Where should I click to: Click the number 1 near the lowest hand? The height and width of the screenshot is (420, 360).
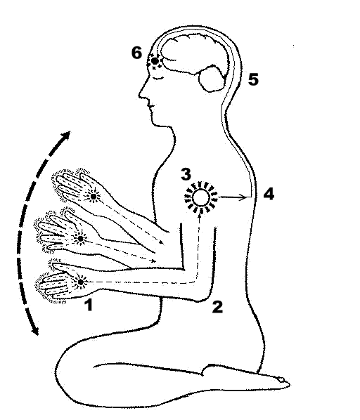click(89, 305)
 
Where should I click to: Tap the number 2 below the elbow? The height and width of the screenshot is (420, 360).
click(217, 307)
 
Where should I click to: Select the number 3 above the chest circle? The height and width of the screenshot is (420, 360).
click(186, 174)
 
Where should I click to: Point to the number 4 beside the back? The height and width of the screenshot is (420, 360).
click(269, 194)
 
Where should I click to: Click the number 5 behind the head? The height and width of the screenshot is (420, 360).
click(253, 79)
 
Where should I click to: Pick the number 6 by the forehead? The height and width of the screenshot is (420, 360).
click(136, 53)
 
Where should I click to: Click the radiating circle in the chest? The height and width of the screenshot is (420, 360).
click(201, 197)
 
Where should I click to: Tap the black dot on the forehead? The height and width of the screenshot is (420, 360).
click(155, 61)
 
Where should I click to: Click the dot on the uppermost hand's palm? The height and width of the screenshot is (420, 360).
click(93, 197)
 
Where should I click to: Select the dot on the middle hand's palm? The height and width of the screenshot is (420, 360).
click(80, 238)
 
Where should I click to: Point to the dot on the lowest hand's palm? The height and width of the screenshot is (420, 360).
click(81, 282)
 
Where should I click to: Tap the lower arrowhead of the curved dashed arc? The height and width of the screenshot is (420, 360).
click(35, 330)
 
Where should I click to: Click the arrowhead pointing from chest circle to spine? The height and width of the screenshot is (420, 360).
click(243, 197)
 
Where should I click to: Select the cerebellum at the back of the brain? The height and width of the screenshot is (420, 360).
click(212, 79)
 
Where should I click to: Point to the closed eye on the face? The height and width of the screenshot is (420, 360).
click(157, 78)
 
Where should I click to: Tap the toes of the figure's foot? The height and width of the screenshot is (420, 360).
click(283, 382)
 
